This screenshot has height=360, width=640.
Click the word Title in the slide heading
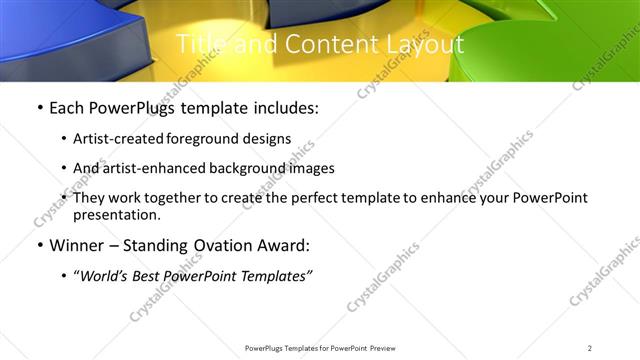pyautogui.click(x=200, y=45)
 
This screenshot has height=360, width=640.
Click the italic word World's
pyautogui.click(x=107, y=276)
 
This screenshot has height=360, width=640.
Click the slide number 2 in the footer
pyautogui.click(x=590, y=347)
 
